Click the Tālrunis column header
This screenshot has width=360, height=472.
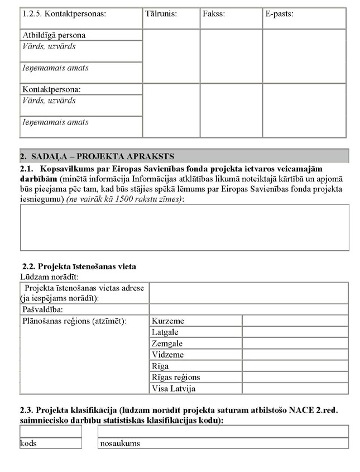click(x=161, y=14)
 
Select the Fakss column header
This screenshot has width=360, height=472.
click(x=214, y=14)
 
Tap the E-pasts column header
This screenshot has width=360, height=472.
click(x=280, y=14)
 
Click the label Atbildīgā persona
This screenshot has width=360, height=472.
click(x=54, y=35)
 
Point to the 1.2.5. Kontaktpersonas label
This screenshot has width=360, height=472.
click(x=64, y=14)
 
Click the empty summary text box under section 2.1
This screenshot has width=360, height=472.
click(x=184, y=227)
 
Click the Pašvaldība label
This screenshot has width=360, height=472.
click(x=42, y=309)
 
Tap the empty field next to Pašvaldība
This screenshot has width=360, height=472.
click(x=248, y=309)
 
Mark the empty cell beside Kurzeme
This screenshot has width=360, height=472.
click(x=295, y=321)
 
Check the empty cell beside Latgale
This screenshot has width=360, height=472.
click(x=295, y=332)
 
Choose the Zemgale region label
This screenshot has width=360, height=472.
click(x=167, y=344)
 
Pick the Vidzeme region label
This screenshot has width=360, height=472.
click(x=167, y=355)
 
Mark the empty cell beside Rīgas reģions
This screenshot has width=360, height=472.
click(x=295, y=377)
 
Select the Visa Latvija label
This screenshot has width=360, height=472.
click(x=174, y=388)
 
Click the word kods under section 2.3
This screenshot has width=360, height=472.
click(x=28, y=444)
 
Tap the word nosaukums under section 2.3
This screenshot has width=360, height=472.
click(x=120, y=444)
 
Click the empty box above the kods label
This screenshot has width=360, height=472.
click(x=50, y=431)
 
